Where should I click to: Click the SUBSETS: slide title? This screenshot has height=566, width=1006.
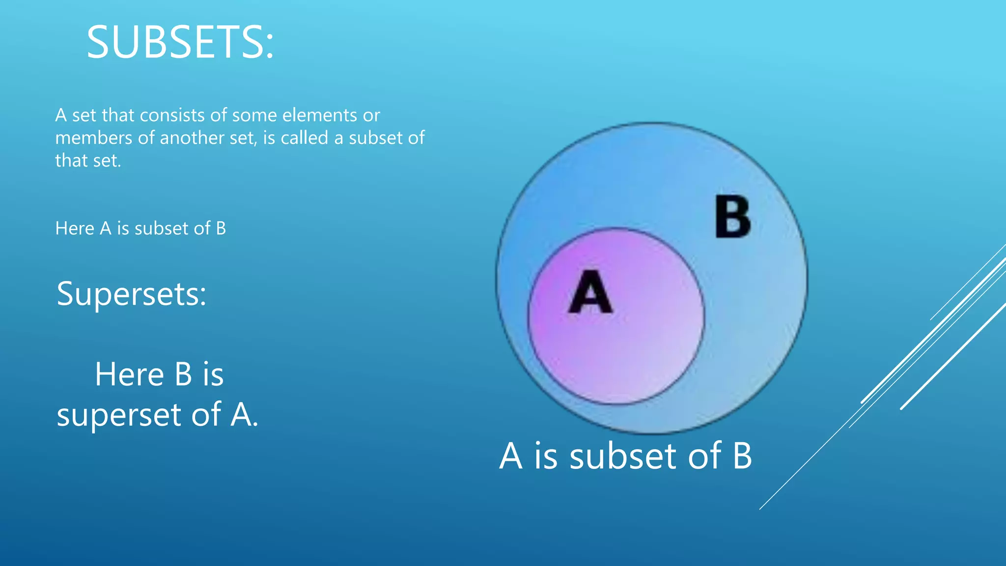[x=180, y=43]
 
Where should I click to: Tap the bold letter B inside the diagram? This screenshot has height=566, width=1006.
[x=732, y=217]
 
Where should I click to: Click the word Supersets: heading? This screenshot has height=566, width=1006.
[x=132, y=294]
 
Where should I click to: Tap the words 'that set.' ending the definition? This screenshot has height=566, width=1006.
[x=88, y=161]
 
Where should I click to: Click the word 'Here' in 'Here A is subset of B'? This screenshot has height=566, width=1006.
[x=75, y=228]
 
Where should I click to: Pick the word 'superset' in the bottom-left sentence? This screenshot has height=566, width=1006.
[x=119, y=415]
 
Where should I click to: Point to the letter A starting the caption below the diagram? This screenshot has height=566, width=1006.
[x=511, y=456]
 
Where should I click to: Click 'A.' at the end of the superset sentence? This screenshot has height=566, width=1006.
[x=244, y=415]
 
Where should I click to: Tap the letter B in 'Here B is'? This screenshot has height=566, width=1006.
[x=183, y=374]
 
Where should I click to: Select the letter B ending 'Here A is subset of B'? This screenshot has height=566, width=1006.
[x=221, y=228]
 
